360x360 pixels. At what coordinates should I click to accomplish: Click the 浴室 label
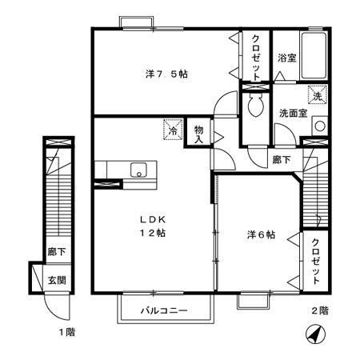pyautogui.click(x=286, y=58)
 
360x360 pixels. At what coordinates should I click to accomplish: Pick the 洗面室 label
pyautogui.click(x=294, y=114)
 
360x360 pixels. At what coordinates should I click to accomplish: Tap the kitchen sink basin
pyautogui.click(x=137, y=170)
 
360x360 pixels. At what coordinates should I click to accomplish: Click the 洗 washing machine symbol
pyautogui.click(x=318, y=94)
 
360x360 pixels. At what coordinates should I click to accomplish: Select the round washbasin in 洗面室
pyautogui.click(x=318, y=126)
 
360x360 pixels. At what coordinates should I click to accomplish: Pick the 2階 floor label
pyautogui.click(x=318, y=310)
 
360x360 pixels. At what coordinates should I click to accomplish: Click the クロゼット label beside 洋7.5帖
pyautogui.click(x=256, y=55)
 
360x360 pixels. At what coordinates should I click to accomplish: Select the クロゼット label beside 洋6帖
pyautogui.click(x=317, y=261)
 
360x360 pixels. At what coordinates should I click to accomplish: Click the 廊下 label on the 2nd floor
pyautogui.click(x=281, y=159)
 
